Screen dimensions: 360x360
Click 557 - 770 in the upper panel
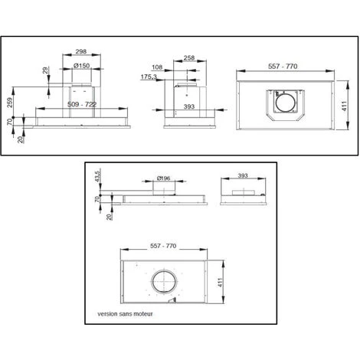click(288, 67)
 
